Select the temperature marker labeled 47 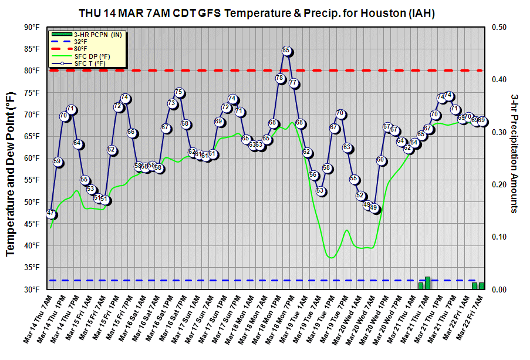pyautogui.click(x=51, y=214)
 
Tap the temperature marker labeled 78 pyautogui.click(x=279, y=78)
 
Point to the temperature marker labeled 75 pyautogui.click(x=179, y=93)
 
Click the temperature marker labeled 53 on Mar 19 pyautogui.click(x=320, y=191)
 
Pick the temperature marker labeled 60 pyautogui.click(x=381, y=160)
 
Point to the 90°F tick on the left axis pyautogui.click(x=32, y=27)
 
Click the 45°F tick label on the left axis pyautogui.click(x=32, y=224)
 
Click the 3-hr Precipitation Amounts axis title pyautogui.click(x=514, y=153)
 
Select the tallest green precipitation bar pyautogui.click(x=428, y=283)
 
